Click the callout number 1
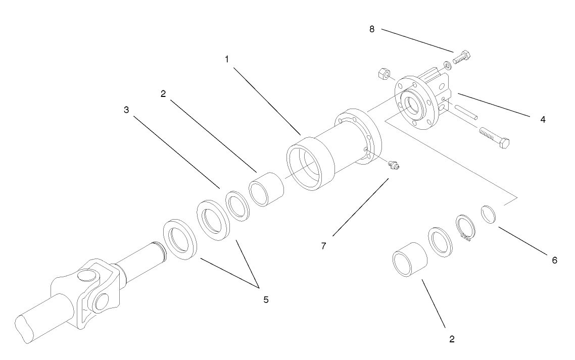pos(227,59)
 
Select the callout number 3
pos(126,110)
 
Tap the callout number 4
pos(542,120)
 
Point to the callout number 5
pos(266,299)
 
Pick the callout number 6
pos(554,260)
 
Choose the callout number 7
pos(324,246)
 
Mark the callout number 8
pos(372,29)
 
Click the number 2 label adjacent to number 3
pos(163,94)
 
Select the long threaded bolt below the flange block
pos(494,138)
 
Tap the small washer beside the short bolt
pos(447,66)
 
